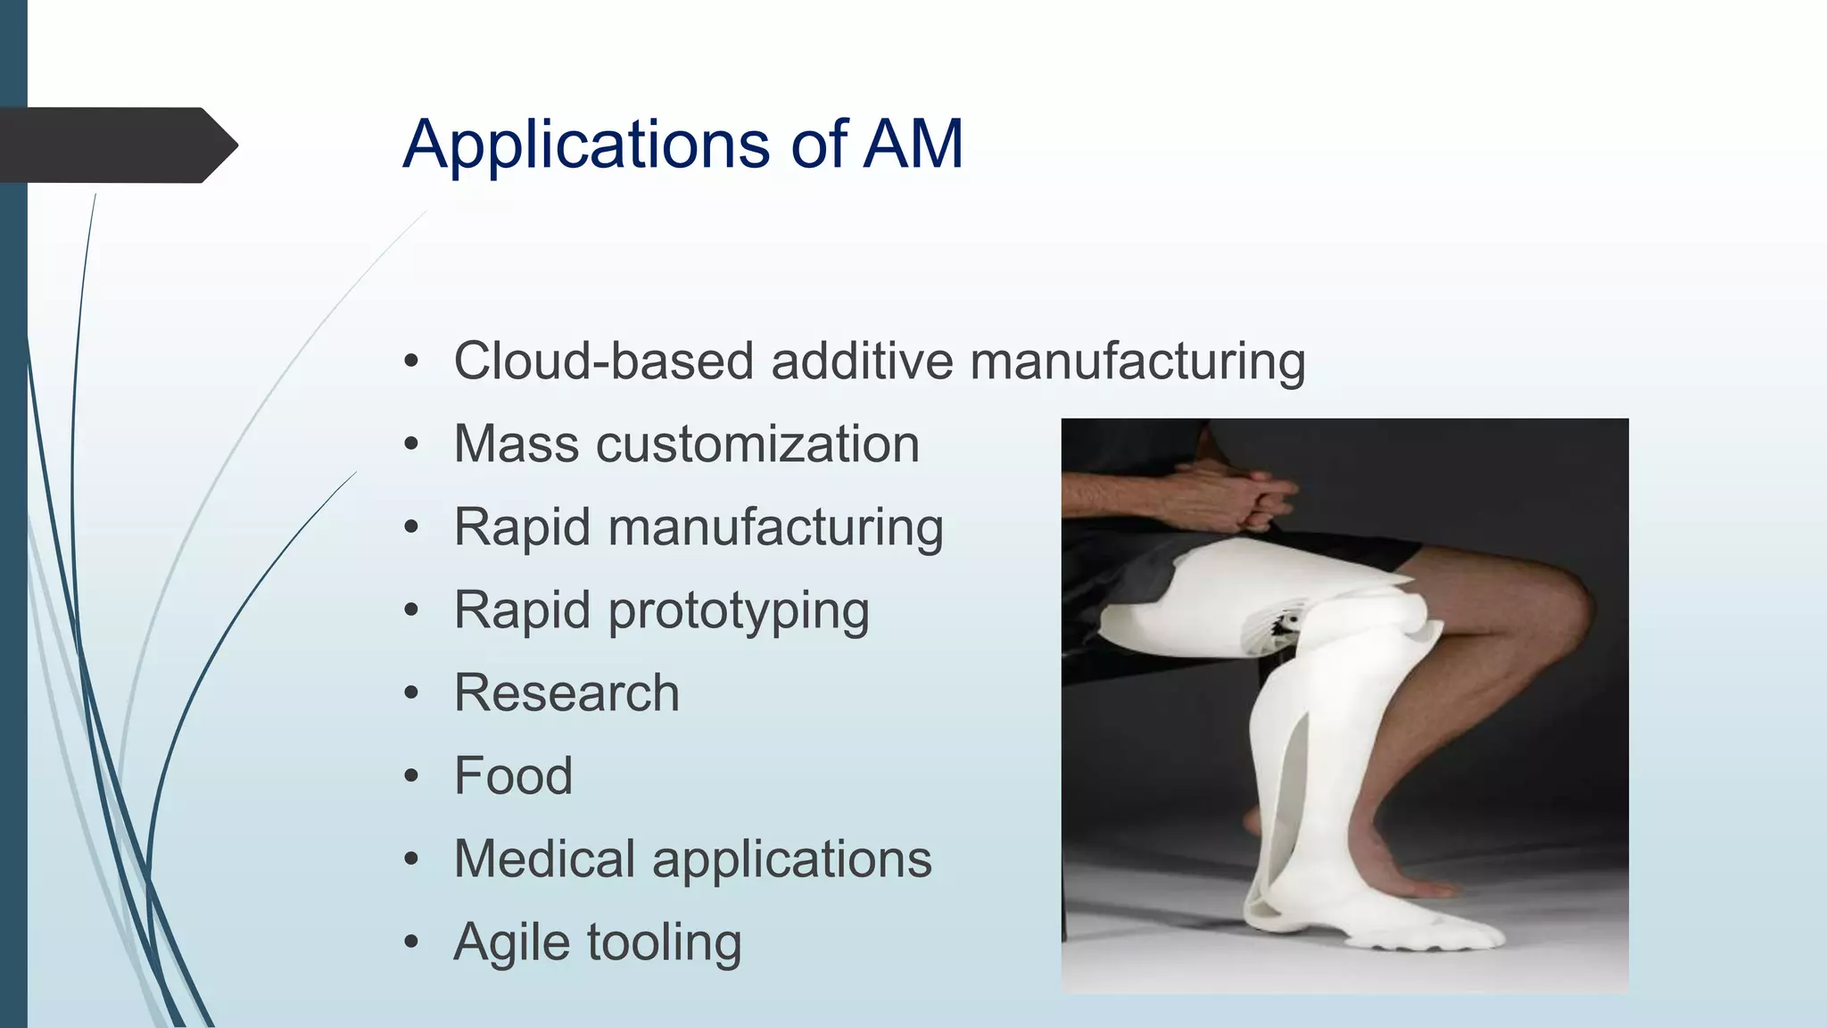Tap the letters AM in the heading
point(913,145)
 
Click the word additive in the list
point(862,361)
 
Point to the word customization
point(757,444)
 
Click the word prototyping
point(739,611)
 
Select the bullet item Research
point(566,693)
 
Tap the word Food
point(513,775)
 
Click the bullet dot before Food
point(410,776)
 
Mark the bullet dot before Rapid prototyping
point(410,611)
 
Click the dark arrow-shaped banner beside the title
point(116,145)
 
